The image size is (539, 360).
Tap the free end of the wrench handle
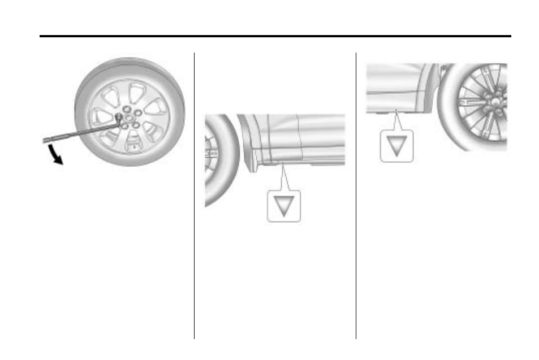point(45,140)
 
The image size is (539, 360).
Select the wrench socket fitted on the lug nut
point(119,118)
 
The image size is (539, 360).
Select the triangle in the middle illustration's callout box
point(284,205)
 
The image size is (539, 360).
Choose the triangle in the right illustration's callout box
point(396,146)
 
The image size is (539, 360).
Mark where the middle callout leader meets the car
point(281,163)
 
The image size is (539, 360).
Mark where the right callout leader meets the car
point(398,109)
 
